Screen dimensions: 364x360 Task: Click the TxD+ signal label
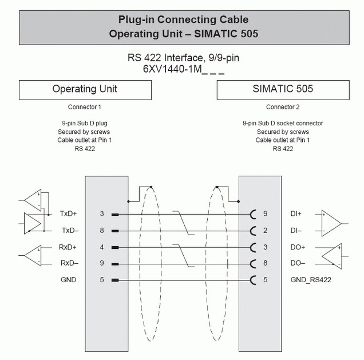click(x=68, y=213)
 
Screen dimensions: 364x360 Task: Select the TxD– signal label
click(x=70, y=231)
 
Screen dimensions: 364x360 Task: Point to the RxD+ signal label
click(x=68, y=247)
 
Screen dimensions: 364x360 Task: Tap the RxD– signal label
click(x=69, y=263)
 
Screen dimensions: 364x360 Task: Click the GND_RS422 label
click(x=311, y=280)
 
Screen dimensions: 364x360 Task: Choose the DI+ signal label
click(x=296, y=213)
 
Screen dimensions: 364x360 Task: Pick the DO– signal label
click(x=298, y=263)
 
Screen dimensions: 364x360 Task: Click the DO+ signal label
click(x=298, y=247)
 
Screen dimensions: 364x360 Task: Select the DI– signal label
click(x=296, y=231)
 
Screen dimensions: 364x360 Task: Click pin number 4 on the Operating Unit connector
click(x=102, y=247)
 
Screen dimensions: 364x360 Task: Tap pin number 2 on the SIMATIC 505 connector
click(x=266, y=231)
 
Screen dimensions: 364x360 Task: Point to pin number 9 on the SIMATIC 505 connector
click(x=266, y=213)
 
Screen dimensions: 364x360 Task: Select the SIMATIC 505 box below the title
click(x=283, y=90)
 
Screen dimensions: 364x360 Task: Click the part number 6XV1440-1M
click(x=172, y=69)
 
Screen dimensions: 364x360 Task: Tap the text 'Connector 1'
click(x=85, y=107)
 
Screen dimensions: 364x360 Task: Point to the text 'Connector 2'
click(x=283, y=107)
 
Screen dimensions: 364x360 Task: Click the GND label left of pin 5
click(x=69, y=280)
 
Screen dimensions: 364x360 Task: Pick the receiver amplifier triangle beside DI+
click(x=331, y=223)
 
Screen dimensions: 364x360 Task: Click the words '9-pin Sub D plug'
click(x=85, y=123)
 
